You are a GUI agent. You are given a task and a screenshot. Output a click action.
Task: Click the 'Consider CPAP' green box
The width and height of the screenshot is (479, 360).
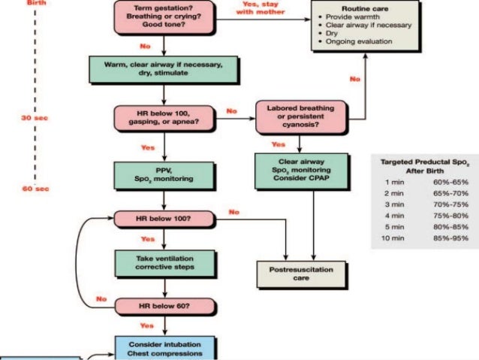coord(300,169)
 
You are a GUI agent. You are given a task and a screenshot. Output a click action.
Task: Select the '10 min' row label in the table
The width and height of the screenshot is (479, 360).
coord(394,238)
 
